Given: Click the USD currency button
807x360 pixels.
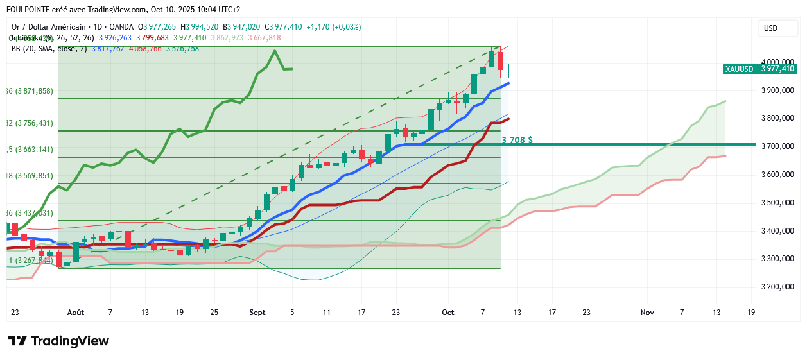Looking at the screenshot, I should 770,28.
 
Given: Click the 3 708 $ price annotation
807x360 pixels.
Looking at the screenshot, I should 517,139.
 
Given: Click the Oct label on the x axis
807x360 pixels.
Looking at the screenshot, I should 448,313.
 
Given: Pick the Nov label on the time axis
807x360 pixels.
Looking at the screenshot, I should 647,313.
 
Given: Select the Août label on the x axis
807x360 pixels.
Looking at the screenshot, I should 76,313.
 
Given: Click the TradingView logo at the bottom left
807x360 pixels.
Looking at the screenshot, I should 58,341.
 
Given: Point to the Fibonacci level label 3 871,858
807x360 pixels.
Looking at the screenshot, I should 31,91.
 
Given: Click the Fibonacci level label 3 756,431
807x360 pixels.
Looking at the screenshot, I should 31,123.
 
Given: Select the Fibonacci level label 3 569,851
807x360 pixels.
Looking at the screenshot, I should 31,175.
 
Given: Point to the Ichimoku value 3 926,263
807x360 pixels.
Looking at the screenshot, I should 116,38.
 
